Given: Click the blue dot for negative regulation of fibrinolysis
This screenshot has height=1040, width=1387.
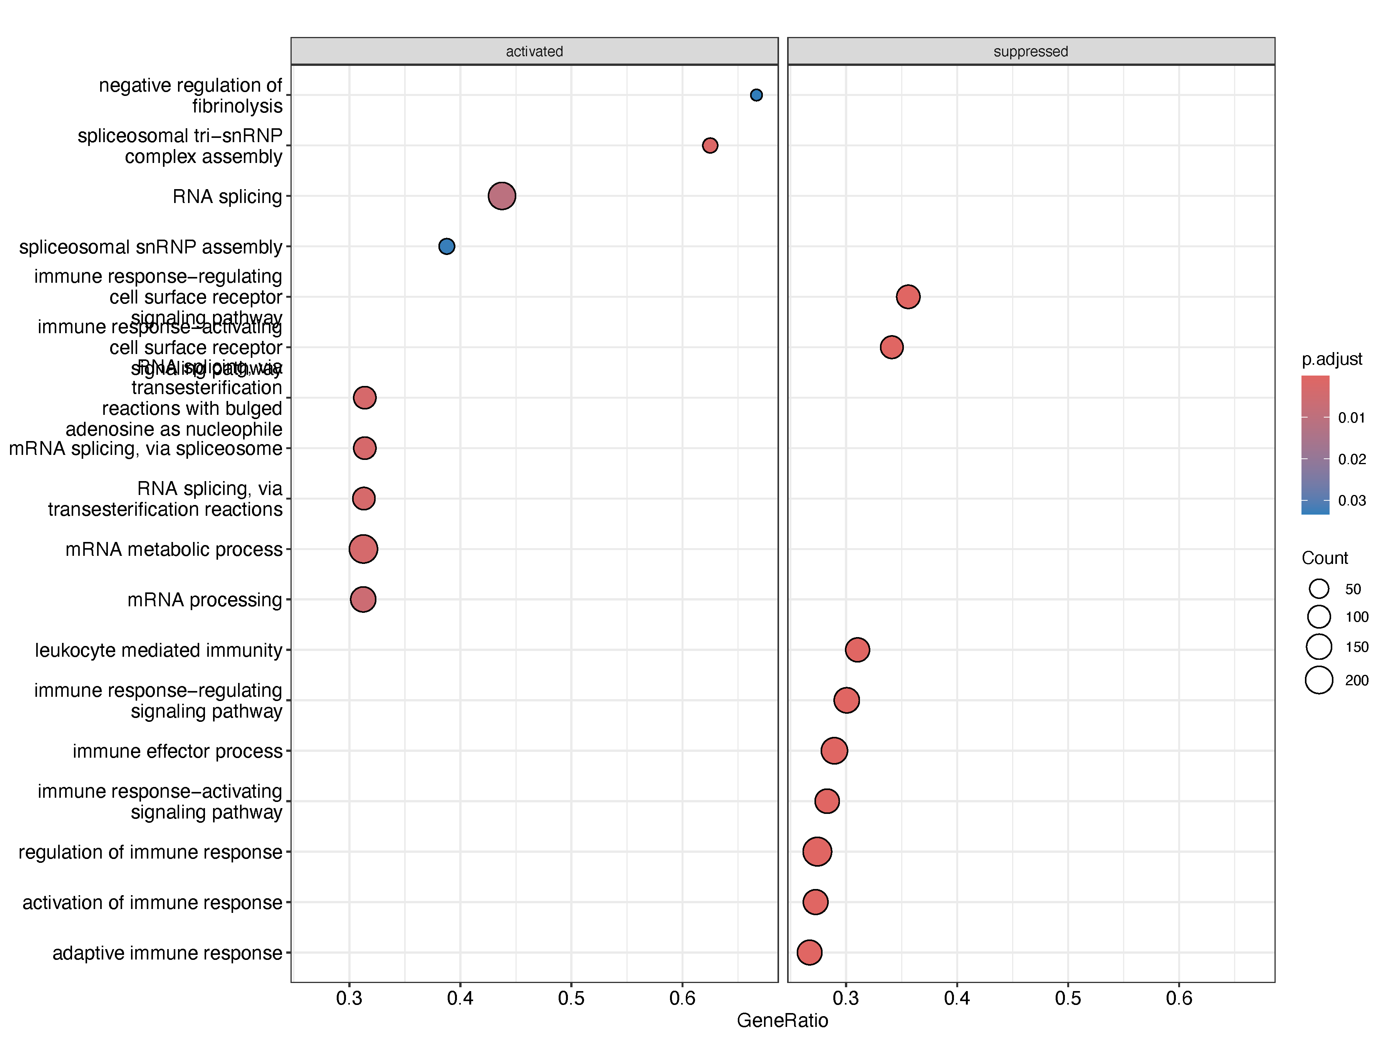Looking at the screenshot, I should click(x=756, y=95).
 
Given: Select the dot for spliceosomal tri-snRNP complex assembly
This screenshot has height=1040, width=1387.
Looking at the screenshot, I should click(x=710, y=146).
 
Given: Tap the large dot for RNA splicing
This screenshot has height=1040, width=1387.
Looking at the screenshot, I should click(x=502, y=196).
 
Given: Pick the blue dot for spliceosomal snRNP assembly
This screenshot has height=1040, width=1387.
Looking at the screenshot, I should click(x=447, y=247).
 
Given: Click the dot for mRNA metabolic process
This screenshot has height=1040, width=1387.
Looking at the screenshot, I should click(x=363, y=549).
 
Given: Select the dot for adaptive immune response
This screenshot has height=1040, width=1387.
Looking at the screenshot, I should click(x=809, y=952).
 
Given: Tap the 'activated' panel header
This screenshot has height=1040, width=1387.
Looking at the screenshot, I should click(x=534, y=51).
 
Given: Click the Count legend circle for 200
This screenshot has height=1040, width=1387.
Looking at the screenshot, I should click(x=1319, y=680).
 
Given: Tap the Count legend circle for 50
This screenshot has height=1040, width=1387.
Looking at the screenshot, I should click(x=1319, y=589).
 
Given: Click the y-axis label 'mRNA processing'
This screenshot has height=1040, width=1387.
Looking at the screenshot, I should click(x=205, y=600).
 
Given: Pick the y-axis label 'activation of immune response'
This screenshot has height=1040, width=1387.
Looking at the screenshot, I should click(x=152, y=903).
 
